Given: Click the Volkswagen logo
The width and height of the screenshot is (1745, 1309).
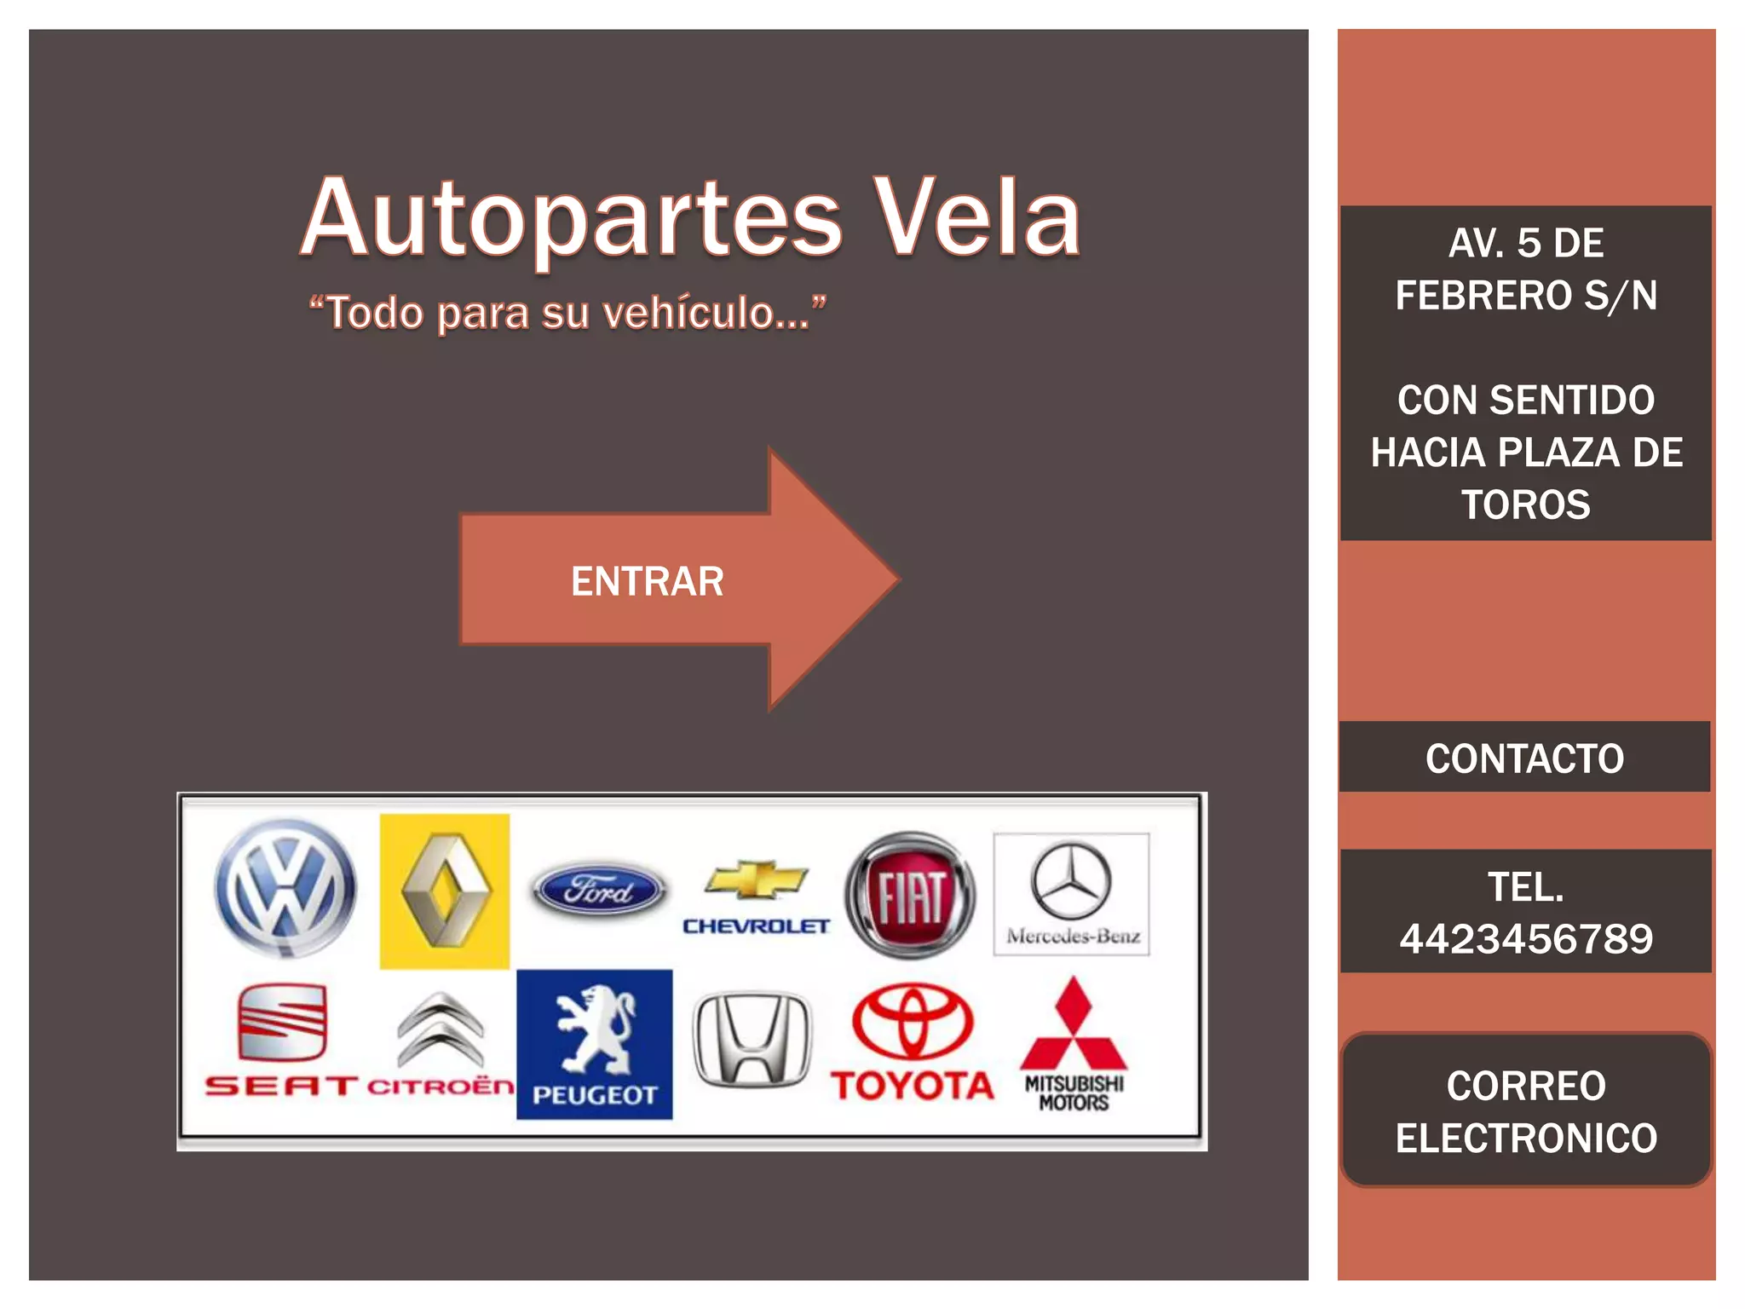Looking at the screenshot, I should pyautogui.click(x=285, y=888).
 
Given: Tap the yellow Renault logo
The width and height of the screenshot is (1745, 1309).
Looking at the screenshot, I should pyautogui.click(x=445, y=891).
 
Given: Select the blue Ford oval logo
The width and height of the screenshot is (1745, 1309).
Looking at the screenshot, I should pyautogui.click(x=599, y=891).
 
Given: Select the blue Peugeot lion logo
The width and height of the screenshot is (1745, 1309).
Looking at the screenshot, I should pyautogui.click(x=594, y=1044).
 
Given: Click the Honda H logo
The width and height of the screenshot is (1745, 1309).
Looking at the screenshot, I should pyautogui.click(x=752, y=1039).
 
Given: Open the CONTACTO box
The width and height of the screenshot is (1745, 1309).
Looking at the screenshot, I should pyautogui.click(x=1524, y=758).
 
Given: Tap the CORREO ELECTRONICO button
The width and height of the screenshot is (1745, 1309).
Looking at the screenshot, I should pyautogui.click(x=1525, y=1110).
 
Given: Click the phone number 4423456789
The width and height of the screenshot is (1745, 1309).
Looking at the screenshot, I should pyautogui.click(x=1525, y=939).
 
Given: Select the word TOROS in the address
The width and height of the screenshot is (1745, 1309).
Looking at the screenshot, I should pyautogui.click(x=1525, y=505).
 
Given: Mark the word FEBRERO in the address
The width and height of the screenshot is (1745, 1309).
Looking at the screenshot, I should pyautogui.click(x=1483, y=296).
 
